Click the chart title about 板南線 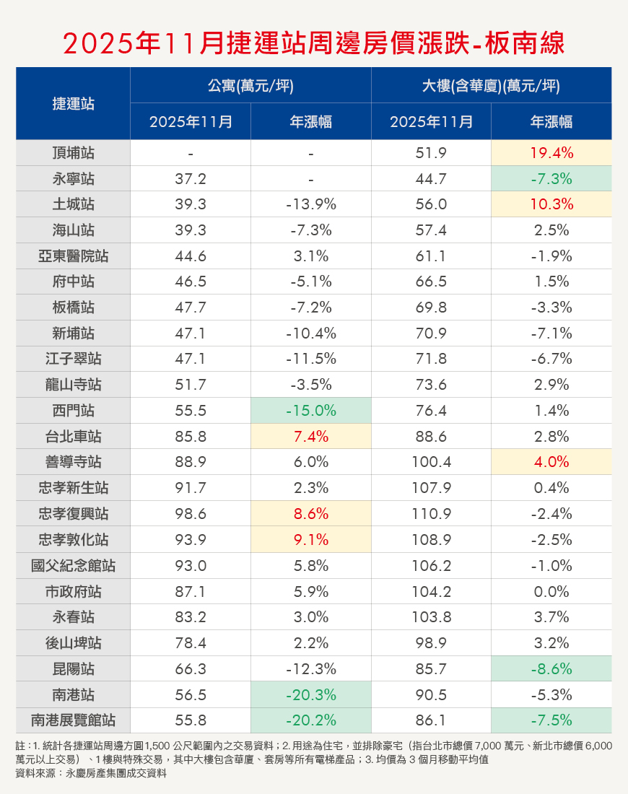tap(313, 43)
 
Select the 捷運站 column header tap(73, 103)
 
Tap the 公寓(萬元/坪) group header tap(250, 86)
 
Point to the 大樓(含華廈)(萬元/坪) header tap(491, 86)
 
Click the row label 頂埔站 tap(73, 153)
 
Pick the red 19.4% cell tap(551, 153)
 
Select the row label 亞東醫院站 tap(73, 256)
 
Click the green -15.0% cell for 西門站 tap(310, 411)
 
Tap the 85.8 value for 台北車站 tap(191, 437)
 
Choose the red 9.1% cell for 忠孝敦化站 tap(310, 540)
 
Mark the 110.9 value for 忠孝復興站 tap(431, 514)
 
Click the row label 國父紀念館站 tap(73, 566)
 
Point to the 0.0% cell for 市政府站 tap(551, 592)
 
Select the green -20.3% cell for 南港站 tap(310, 694)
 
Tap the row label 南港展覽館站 tap(73, 720)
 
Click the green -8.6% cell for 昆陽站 tap(551, 669)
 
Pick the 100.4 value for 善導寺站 tap(431, 463)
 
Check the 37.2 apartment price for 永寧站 tap(191, 179)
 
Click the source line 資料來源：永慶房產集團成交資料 tap(91, 773)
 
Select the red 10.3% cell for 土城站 tap(551, 205)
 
